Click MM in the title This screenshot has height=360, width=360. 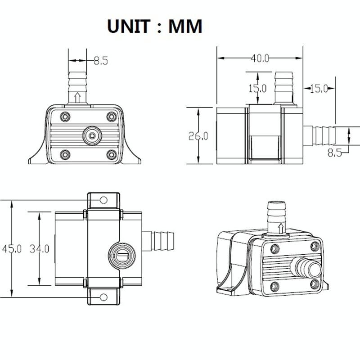tap(185, 27)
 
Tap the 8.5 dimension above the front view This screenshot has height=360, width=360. tap(101, 61)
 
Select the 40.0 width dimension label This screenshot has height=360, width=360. tap(260, 58)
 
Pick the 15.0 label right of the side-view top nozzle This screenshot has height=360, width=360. tap(319, 89)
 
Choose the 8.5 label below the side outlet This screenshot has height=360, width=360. tap(334, 153)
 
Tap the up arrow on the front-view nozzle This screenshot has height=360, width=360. tap(77, 97)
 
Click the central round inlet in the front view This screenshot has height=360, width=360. tap(92, 135)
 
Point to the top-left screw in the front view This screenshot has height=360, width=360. tap(65, 116)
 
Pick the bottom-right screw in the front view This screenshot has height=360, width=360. tap(111, 155)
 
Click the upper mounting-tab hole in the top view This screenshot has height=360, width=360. tap(103, 200)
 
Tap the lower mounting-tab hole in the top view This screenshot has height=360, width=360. tap(103, 297)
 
